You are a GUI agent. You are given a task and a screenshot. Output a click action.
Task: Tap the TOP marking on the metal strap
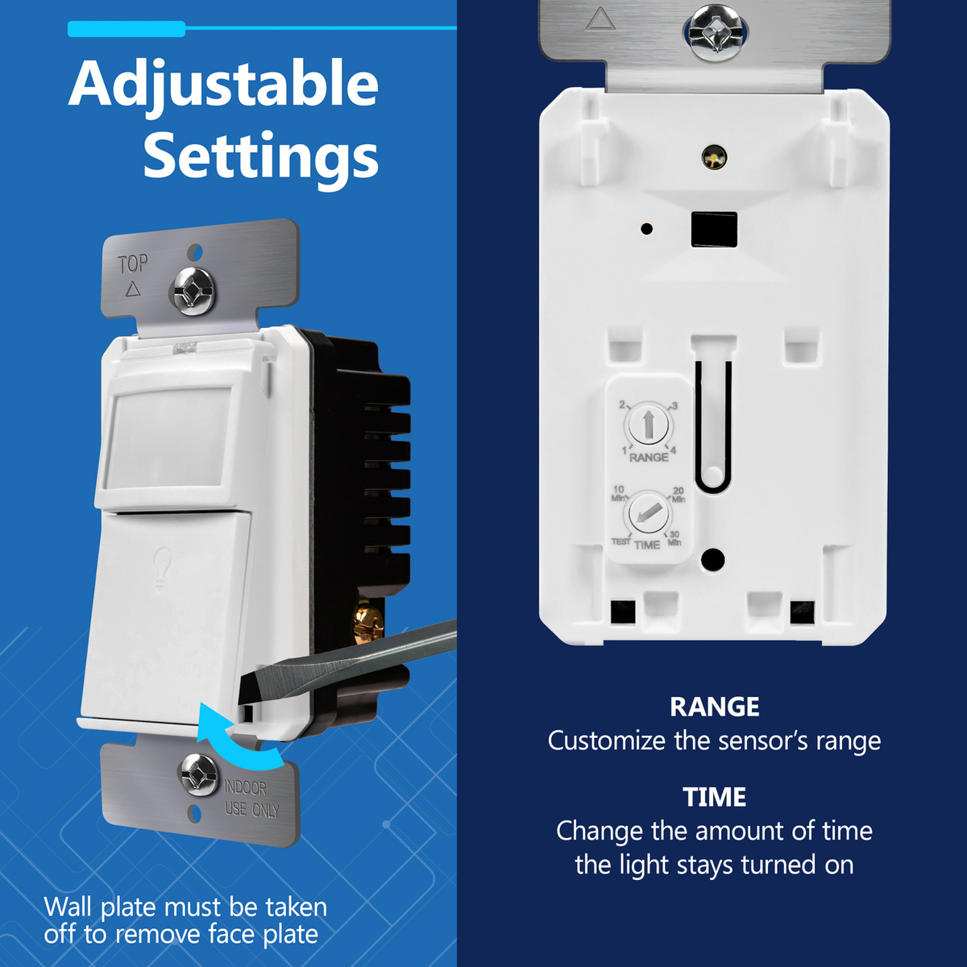[133, 264]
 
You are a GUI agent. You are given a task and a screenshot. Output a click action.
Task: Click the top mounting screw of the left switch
[193, 291]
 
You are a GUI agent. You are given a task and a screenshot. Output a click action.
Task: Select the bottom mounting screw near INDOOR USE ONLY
[199, 774]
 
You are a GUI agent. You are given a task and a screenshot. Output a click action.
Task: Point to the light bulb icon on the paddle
[162, 570]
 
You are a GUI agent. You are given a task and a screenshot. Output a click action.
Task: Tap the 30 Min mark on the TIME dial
[674, 538]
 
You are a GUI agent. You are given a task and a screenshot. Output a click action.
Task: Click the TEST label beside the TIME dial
[620, 542]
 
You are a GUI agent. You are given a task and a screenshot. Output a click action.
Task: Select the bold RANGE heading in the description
[715, 707]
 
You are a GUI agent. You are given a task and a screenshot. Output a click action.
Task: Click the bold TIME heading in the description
[715, 797]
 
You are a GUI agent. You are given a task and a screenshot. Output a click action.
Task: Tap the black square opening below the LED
[714, 230]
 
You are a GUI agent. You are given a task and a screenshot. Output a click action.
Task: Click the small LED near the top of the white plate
[714, 157]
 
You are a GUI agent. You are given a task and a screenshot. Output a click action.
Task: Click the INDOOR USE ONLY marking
[251, 799]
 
